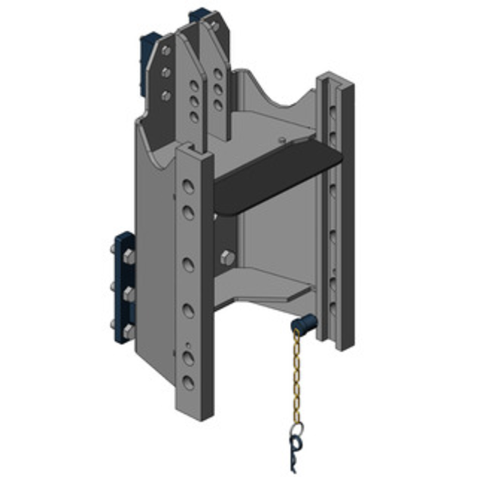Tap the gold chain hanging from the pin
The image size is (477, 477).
tap(296, 376)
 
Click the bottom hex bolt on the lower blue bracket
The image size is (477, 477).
tap(128, 330)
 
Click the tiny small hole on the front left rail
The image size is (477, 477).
tap(188, 345)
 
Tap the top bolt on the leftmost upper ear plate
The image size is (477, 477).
tap(166, 51)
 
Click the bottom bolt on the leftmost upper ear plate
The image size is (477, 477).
tap(166, 95)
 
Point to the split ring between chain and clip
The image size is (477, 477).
tap(296, 428)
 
